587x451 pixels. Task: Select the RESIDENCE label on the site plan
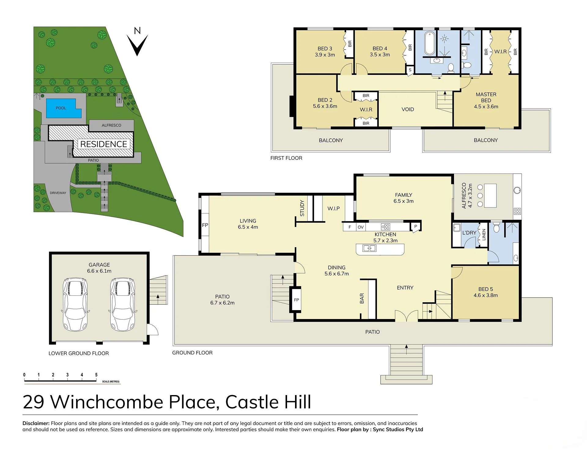(104, 144)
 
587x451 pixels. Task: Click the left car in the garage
(75, 305)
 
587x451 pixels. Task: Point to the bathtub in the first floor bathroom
(430, 43)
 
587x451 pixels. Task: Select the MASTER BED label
(486, 97)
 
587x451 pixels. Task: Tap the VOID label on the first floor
(408, 109)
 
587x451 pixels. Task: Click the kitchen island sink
(369, 248)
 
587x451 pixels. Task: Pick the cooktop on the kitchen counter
(386, 227)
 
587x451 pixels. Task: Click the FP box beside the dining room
(296, 300)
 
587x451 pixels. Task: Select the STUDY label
(302, 208)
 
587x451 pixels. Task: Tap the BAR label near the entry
(362, 298)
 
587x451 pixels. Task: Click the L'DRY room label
(469, 233)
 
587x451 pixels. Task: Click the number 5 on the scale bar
(96, 375)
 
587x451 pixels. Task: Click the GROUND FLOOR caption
(192, 353)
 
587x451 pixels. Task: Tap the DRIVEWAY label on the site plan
(58, 193)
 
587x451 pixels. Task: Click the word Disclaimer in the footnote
(36, 423)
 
